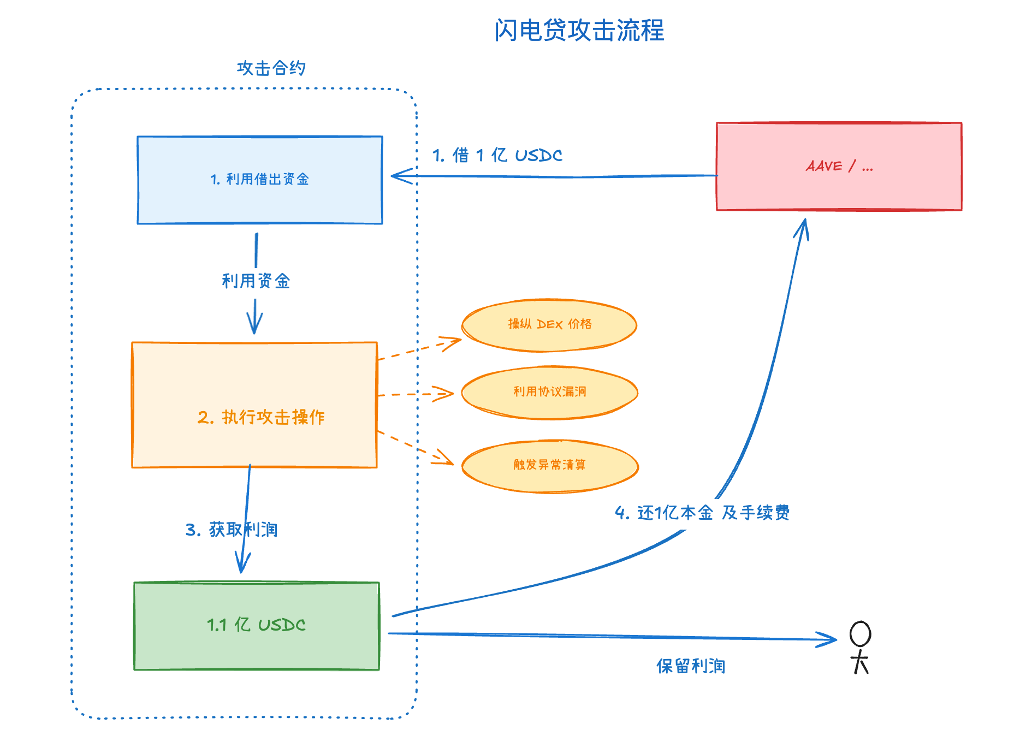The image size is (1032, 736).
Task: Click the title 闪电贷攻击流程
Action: tap(579, 30)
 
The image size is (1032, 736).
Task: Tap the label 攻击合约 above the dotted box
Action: tap(271, 68)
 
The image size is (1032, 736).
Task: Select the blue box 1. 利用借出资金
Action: tap(260, 180)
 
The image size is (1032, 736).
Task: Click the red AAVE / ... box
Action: tap(839, 166)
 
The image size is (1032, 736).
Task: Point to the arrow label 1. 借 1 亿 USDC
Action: tap(497, 155)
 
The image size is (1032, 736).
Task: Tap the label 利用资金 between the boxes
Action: tap(256, 281)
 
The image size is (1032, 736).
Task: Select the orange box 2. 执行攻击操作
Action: tap(254, 405)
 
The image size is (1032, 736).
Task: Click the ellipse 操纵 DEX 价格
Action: tap(549, 325)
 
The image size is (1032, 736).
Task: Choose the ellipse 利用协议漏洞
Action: tap(549, 392)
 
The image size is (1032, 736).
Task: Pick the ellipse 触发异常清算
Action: tap(549, 465)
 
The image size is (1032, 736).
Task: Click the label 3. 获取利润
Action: tap(231, 530)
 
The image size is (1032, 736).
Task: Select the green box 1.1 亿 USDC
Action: tap(257, 625)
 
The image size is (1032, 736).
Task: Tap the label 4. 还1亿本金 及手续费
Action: tap(702, 513)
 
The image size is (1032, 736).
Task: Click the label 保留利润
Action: tap(691, 666)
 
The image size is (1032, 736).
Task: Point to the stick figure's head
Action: tap(860, 634)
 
